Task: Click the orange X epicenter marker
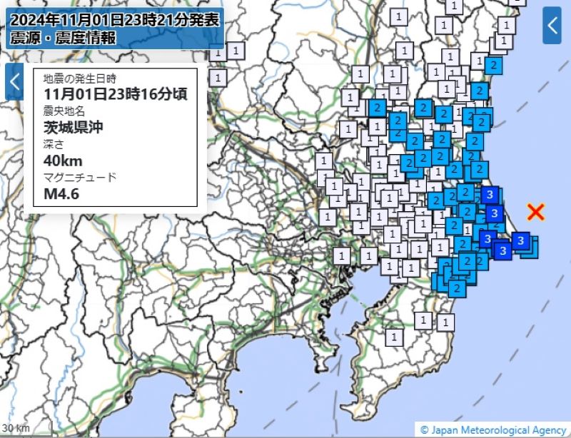coord(536,211)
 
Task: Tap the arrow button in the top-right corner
coord(552,25)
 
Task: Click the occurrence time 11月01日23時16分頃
coord(115,93)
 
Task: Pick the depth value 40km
coord(63,161)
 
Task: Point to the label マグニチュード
coord(79,177)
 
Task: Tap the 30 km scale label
coord(15,428)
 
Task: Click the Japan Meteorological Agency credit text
coord(494,429)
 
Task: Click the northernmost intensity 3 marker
coord(489,194)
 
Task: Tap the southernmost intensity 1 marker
coord(393,336)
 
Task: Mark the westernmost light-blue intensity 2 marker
coord(376,108)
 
